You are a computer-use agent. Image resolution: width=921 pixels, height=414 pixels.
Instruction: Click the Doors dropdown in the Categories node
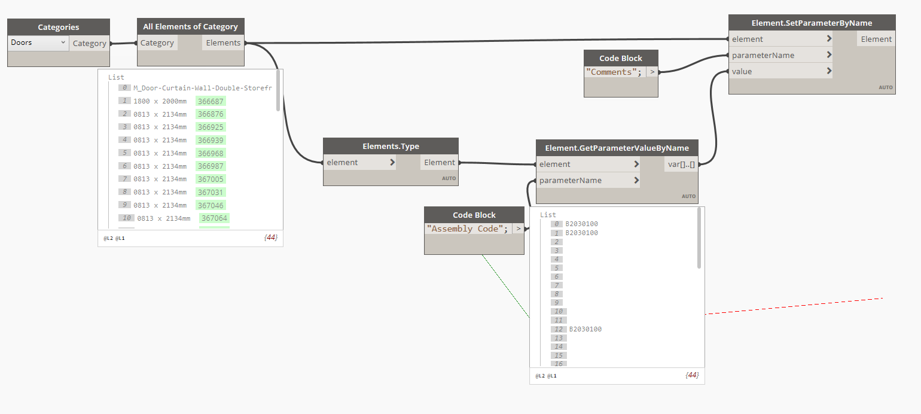click(39, 43)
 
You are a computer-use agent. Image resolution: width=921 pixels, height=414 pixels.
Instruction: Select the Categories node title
click(59, 27)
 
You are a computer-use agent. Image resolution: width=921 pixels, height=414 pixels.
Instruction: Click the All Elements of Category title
click(190, 26)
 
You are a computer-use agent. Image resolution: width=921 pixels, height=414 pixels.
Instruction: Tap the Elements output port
click(223, 43)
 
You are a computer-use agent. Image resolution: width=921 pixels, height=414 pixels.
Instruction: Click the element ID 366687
click(211, 101)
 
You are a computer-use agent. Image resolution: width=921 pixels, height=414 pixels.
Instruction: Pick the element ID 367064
click(214, 218)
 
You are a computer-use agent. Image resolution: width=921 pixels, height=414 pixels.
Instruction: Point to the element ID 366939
click(211, 140)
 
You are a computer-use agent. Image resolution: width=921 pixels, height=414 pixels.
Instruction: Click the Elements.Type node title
click(391, 146)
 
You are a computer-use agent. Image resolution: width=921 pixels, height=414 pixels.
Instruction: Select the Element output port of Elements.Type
click(440, 162)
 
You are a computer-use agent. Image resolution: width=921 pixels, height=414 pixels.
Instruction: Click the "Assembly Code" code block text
click(468, 229)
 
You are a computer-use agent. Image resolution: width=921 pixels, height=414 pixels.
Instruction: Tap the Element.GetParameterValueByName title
click(617, 148)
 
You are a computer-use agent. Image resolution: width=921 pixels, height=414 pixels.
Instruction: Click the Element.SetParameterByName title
click(812, 23)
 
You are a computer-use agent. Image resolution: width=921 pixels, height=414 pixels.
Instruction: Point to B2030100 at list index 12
click(585, 329)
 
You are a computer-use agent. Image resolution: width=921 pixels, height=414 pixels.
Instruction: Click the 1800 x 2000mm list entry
click(160, 101)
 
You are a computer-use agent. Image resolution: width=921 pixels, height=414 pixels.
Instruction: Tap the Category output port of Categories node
click(89, 43)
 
